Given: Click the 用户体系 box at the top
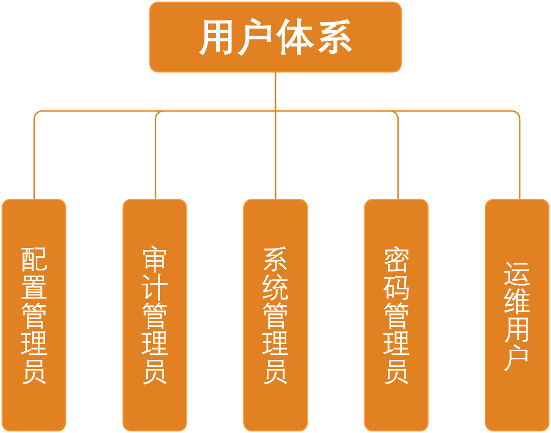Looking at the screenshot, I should [275, 37].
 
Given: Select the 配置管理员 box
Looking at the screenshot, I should [34, 315].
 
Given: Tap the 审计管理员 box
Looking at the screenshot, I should [155, 315].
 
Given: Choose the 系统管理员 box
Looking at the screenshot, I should [275, 315].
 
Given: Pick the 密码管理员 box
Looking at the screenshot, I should [397, 315].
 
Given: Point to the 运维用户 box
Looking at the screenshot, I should [517, 315].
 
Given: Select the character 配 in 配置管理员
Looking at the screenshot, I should [34, 259].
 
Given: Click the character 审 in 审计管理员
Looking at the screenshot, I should [155, 259].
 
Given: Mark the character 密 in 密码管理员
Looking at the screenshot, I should [397, 259].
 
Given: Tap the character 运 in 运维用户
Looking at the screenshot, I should [517, 274].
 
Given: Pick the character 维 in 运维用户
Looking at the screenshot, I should [517, 302].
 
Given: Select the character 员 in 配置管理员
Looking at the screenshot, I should [34, 371].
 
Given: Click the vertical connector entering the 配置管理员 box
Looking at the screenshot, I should [34, 158].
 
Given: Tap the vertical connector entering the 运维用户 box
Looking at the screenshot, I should [520, 158].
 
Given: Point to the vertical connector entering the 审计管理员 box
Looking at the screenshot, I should [155, 158].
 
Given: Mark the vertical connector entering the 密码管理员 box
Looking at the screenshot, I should [398, 158].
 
